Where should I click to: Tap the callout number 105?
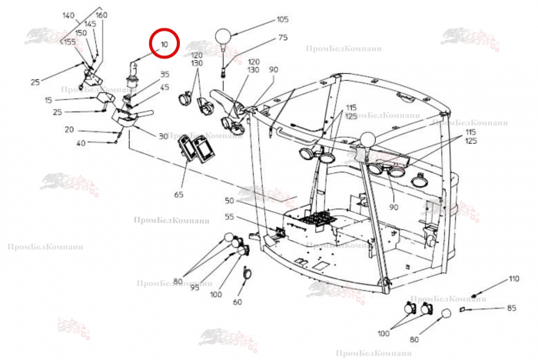[282, 20]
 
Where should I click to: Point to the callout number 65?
[179, 195]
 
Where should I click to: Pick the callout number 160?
[101, 15]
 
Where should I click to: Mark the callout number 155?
[69, 42]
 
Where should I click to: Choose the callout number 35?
[164, 75]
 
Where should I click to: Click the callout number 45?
[164, 87]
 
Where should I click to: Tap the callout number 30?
[162, 136]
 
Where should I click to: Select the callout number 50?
[229, 201]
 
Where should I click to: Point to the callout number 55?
[229, 217]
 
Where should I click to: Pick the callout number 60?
[237, 302]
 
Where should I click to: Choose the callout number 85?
[511, 309]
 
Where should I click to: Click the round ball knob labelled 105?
[223, 35]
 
